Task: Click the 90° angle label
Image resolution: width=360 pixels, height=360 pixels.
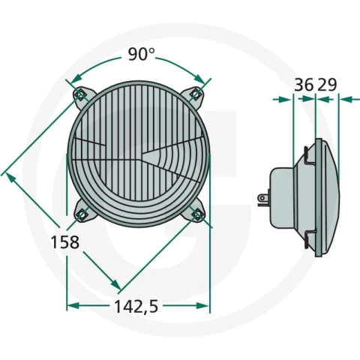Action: coord(142,54)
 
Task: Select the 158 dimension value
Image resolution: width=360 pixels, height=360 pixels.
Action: coord(64,242)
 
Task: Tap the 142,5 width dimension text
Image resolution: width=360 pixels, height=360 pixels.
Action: coord(136,307)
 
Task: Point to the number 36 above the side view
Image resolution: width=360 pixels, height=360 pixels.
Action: coord(304,85)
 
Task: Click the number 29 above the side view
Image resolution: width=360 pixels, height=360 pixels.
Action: coord(327,85)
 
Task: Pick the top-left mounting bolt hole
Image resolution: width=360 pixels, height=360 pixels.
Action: coord(80,95)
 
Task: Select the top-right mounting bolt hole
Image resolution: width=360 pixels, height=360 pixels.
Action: coord(196,94)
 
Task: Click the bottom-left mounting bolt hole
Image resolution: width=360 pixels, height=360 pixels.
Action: coord(82,214)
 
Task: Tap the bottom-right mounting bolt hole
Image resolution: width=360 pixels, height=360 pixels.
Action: coord(196,214)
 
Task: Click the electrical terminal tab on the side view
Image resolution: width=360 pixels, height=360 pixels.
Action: coord(263,199)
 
